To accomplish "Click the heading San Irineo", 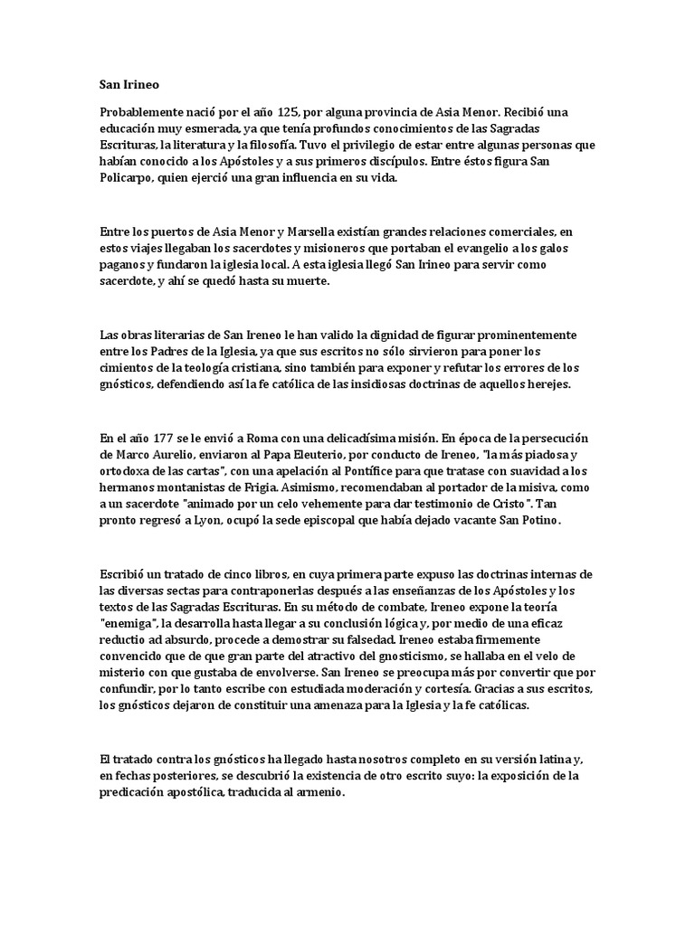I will click(x=129, y=86).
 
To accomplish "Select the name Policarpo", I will click(x=127, y=179).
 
